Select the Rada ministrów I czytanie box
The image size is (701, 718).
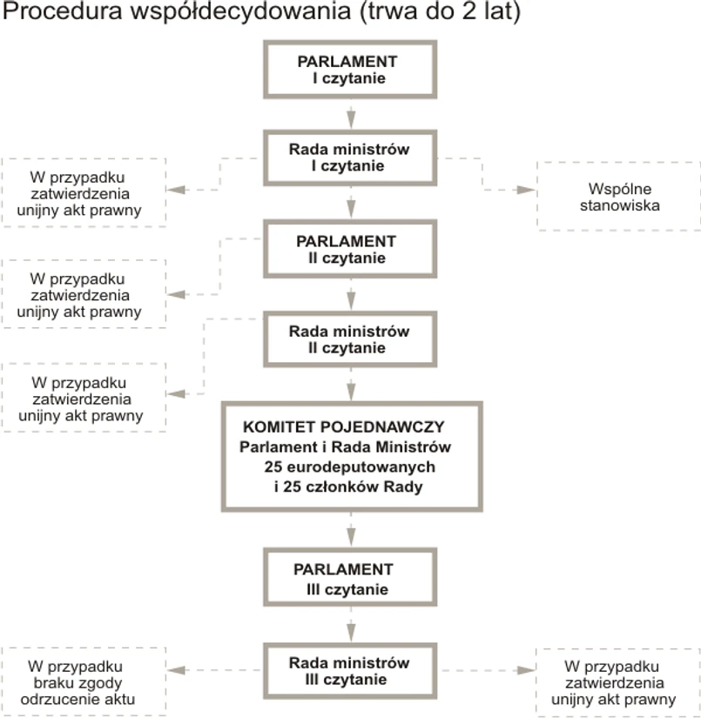[x=348, y=157]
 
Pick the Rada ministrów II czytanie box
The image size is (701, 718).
[x=348, y=339]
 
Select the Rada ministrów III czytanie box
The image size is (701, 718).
[x=348, y=670]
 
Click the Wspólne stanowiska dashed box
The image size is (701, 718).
[x=617, y=197]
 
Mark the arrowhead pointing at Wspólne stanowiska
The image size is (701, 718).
[x=524, y=190]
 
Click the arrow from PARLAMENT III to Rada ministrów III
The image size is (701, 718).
[x=351, y=625]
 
